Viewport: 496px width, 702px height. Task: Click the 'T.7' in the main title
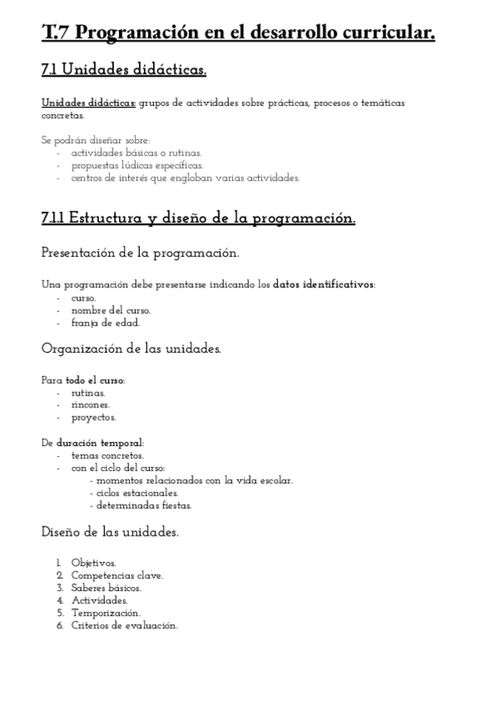(59, 33)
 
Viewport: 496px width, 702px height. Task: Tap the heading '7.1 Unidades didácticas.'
(123, 71)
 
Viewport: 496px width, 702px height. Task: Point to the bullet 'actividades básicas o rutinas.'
(136, 153)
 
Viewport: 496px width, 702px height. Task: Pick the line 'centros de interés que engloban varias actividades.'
(184, 178)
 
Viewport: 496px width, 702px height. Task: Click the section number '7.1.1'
(54, 219)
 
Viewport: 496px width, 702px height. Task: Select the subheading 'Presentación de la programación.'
(141, 252)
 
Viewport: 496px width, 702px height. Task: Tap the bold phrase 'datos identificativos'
(323, 285)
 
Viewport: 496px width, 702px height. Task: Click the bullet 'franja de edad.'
(105, 323)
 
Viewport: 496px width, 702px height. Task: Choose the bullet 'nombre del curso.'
(111, 310)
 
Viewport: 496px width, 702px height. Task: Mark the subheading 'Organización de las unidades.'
(131, 349)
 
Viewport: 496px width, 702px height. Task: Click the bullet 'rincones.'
(90, 406)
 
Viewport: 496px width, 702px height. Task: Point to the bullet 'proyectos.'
(93, 418)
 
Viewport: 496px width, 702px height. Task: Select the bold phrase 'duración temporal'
(100, 443)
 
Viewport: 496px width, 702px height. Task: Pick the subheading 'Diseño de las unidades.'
(110, 531)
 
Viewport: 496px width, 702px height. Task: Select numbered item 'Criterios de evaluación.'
(125, 626)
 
